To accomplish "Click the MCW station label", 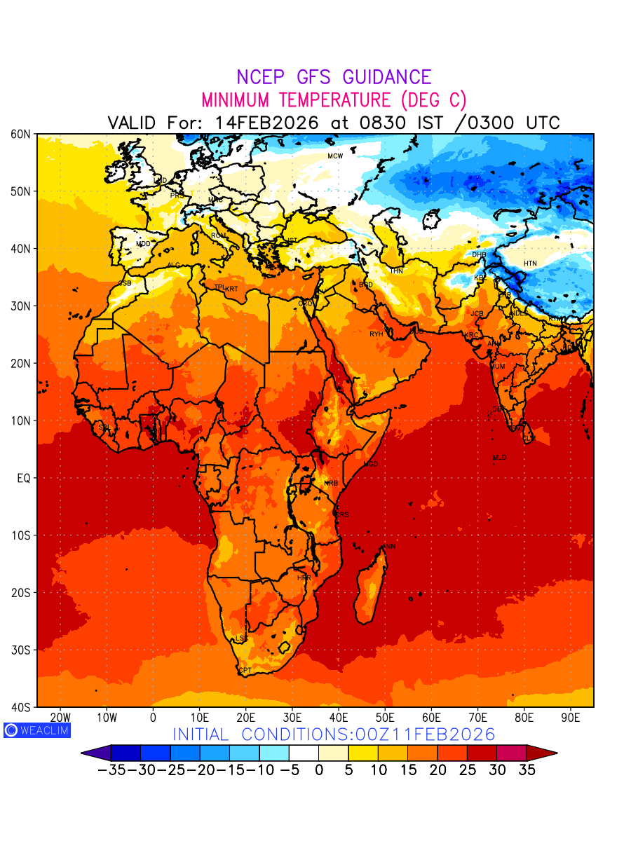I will point(335,156).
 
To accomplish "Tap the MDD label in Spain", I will point(143,244).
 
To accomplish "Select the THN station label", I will point(396,271).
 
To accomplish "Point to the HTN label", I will point(530,264).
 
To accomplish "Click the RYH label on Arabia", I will point(376,334).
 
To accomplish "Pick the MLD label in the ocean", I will point(499,458).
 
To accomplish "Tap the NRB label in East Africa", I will point(331,484).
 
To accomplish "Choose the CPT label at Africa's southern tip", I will point(245,671).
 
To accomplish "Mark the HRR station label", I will point(304,578).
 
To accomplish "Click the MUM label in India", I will point(497,367).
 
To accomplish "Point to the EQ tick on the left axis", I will point(24,478).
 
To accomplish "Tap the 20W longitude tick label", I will point(61,718).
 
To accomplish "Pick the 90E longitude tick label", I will point(571,718).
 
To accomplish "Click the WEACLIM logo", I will point(36,730).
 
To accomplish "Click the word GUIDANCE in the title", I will point(380,77).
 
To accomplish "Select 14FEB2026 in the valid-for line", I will point(266,123).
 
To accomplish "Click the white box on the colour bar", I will point(304,753).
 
